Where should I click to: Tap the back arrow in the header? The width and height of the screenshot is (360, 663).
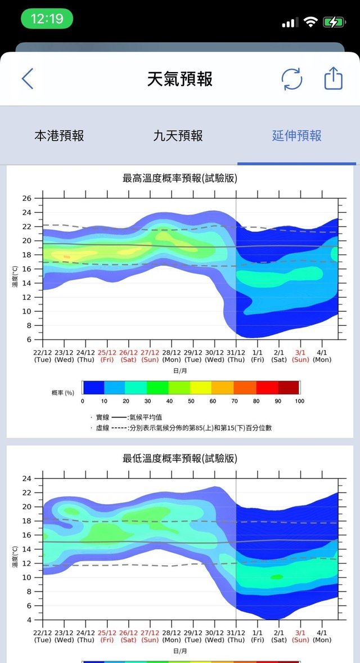pos(27,79)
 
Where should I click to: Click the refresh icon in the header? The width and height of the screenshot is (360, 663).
pos(291,79)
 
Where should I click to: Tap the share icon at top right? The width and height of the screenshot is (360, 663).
pos(334,78)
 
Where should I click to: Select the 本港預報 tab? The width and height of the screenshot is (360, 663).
pos(59,136)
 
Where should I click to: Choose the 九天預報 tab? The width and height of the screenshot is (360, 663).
pos(178,136)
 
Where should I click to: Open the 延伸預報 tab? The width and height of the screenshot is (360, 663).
pos(297,136)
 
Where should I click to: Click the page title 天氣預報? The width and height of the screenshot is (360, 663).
pos(180,79)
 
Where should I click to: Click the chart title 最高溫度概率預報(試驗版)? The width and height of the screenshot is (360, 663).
pos(180,178)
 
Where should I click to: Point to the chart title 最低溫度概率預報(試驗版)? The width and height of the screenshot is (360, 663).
pos(180,459)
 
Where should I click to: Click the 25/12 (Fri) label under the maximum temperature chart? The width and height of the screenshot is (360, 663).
pos(107,355)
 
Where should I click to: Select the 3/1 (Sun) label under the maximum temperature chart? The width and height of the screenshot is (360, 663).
pos(300,355)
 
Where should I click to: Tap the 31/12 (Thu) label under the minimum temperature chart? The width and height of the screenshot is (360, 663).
pos(236,635)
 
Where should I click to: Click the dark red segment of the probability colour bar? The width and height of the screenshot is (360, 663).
pos(289,387)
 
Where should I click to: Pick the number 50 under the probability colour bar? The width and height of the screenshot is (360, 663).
pos(191,401)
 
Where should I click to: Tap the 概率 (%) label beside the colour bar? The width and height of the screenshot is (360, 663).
pos(63,392)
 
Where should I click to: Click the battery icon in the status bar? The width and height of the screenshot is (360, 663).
pos(334,23)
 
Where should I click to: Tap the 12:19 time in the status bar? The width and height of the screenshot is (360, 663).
pos(47,19)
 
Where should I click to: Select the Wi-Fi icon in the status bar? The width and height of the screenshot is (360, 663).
pos(310,23)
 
